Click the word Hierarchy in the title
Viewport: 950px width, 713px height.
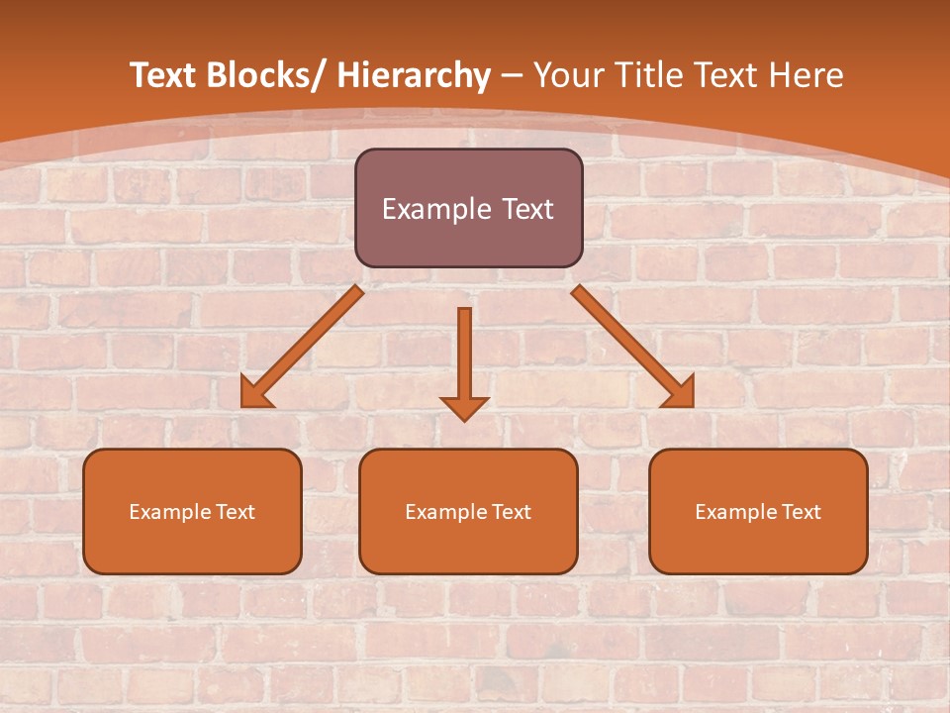click(x=414, y=75)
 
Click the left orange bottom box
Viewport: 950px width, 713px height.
click(x=192, y=512)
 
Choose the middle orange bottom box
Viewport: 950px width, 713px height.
click(x=468, y=512)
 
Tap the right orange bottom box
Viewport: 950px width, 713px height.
click(x=758, y=512)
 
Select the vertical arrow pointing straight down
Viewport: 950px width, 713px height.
click(x=464, y=356)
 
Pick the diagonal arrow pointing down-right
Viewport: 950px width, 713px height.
click(x=628, y=343)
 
